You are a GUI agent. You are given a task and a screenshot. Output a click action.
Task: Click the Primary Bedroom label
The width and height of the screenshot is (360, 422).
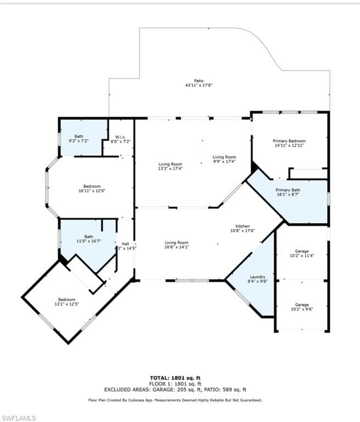click(289, 141)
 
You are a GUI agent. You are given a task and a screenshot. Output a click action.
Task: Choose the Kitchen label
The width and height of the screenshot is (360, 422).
click(243, 226)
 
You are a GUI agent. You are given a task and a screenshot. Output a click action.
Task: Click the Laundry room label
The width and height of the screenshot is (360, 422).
click(257, 277)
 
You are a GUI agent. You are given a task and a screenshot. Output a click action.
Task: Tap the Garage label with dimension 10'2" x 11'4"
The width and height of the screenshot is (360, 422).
click(302, 251)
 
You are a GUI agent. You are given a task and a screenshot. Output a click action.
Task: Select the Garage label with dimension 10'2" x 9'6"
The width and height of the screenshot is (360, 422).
click(302, 304)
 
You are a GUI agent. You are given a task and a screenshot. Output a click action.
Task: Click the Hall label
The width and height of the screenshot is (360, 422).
click(125, 244)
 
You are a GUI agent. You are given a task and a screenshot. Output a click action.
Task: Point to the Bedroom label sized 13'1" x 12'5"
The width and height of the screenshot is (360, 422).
click(67, 299)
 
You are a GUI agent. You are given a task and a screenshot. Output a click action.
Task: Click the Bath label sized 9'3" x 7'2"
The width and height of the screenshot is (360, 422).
click(79, 136)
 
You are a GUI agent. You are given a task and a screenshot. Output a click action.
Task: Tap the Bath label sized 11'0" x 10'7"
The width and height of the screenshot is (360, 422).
click(88, 237)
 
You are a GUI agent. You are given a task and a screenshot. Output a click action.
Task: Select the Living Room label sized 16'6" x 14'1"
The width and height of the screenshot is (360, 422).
click(176, 242)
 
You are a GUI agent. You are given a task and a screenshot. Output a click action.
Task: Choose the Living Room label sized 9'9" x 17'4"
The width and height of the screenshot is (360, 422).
click(224, 157)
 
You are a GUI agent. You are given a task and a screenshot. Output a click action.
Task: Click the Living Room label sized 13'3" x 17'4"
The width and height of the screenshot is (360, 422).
click(170, 164)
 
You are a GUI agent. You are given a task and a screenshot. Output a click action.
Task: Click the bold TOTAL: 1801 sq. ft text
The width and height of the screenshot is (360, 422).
click(175, 377)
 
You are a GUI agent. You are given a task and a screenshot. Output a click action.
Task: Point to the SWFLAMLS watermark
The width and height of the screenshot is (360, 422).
click(19, 418)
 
